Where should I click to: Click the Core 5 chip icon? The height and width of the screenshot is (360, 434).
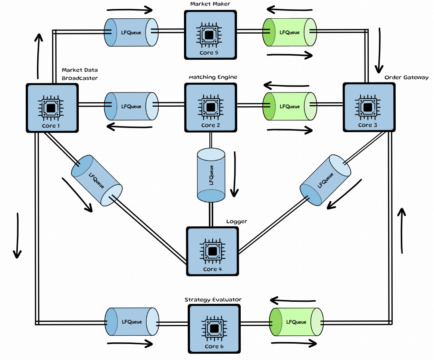click(x=210, y=35)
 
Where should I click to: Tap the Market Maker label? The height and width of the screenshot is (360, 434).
click(x=210, y=4)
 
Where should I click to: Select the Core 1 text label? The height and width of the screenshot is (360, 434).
click(x=51, y=126)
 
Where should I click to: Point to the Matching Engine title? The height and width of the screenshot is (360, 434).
click(x=213, y=77)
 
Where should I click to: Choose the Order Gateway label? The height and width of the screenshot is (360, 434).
click(x=406, y=77)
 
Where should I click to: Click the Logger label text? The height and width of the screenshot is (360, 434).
click(x=237, y=221)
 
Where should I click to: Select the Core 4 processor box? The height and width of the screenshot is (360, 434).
click(x=212, y=251)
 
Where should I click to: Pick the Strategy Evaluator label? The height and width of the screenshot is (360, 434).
click(x=213, y=300)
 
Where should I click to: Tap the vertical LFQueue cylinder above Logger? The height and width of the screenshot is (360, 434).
click(x=211, y=175)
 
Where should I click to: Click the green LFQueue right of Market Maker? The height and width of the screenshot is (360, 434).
click(x=290, y=32)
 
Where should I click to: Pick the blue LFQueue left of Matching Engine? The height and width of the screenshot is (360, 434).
click(x=131, y=106)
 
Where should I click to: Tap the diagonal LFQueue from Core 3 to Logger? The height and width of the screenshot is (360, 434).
click(x=326, y=180)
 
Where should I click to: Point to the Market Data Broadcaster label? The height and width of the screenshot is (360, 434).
click(x=80, y=74)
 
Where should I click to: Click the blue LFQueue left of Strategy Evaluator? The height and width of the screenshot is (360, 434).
click(x=132, y=322)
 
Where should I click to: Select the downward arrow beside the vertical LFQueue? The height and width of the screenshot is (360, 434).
click(x=235, y=174)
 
